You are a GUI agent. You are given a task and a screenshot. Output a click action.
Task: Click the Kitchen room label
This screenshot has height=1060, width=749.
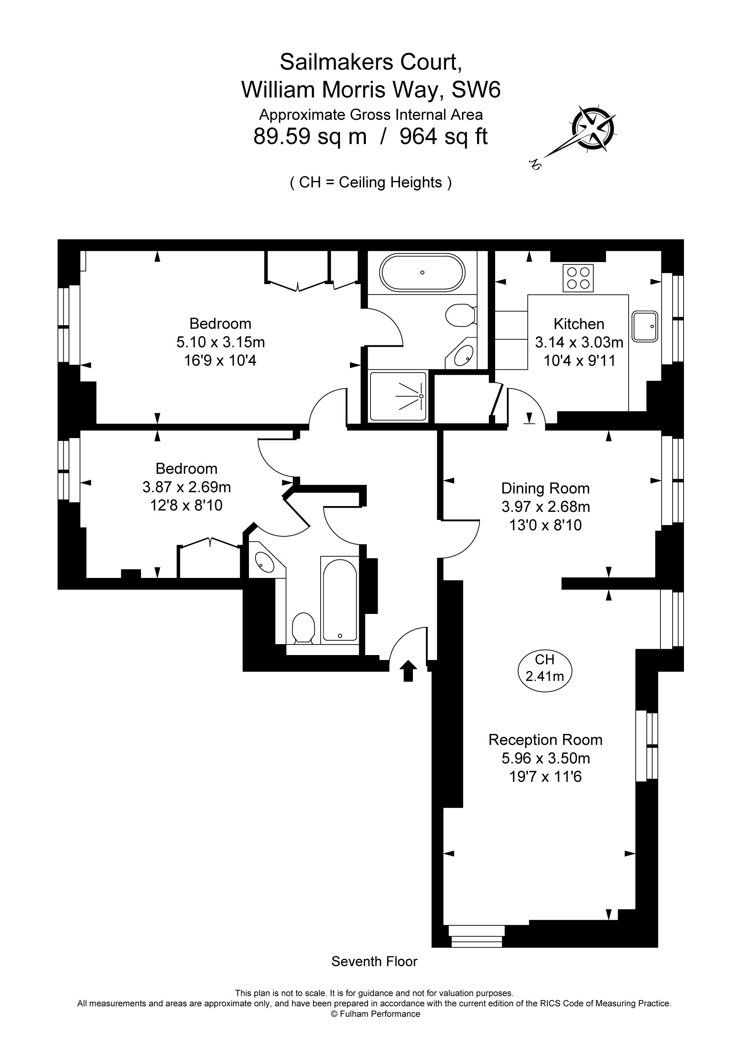[579, 324]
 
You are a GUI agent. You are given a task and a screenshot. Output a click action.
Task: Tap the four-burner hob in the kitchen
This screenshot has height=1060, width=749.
[578, 278]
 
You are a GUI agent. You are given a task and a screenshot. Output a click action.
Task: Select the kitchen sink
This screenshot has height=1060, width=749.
[645, 326]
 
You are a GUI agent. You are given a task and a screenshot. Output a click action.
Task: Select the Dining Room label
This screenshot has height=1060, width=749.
[545, 488]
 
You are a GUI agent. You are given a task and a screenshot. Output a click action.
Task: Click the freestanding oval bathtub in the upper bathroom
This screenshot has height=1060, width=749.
[422, 272]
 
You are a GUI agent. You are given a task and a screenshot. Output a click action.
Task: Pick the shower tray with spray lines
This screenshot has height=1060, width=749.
[398, 396]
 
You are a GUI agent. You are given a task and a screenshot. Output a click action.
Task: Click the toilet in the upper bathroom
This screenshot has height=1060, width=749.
[460, 315]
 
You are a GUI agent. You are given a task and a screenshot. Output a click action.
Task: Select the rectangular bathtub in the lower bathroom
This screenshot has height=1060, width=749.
[339, 600]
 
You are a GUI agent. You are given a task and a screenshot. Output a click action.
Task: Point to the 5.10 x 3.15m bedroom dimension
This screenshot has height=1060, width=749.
[220, 342]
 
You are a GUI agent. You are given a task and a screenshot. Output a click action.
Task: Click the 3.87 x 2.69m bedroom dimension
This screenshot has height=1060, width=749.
[187, 487]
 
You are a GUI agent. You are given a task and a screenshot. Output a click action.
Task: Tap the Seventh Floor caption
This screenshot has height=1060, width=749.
[374, 962]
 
